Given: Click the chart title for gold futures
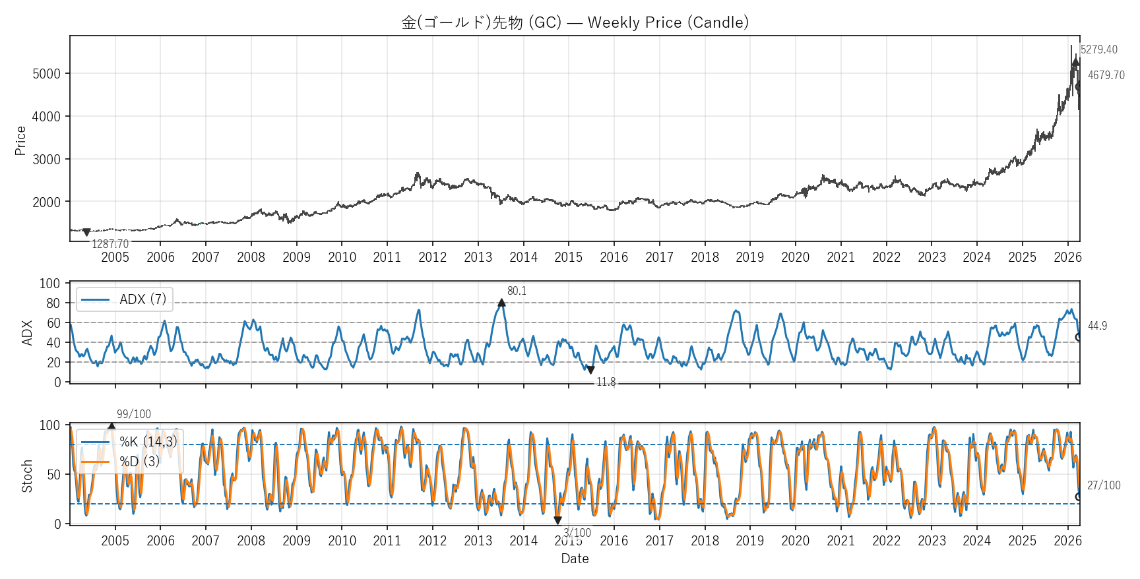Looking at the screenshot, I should tap(575, 22).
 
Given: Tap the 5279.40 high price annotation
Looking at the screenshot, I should tap(1098, 49).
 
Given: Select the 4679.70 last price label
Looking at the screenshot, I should tap(1106, 75).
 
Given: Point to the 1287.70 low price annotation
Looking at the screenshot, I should tap(110, 244).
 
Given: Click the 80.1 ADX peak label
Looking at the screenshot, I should tap(517, 291).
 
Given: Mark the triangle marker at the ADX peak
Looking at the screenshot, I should tap(501, 303).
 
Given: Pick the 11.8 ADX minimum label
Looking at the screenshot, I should tap(606, 382).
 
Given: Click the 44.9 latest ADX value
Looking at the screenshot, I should tap(1097, 326).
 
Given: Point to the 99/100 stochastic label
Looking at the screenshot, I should tap(133, 414).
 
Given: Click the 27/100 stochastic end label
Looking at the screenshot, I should tap(1103, 485).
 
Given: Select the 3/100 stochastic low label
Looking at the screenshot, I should tap(577, 533).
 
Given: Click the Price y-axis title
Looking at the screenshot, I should tap(20, 140).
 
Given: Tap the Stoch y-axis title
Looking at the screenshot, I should tap(27, 475).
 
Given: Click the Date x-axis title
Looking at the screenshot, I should tap(575, 559).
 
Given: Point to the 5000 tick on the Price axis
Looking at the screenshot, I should tap(46, 74).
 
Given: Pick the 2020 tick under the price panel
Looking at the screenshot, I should tap(795, 257).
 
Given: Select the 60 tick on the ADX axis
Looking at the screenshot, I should tap(53, 323).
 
